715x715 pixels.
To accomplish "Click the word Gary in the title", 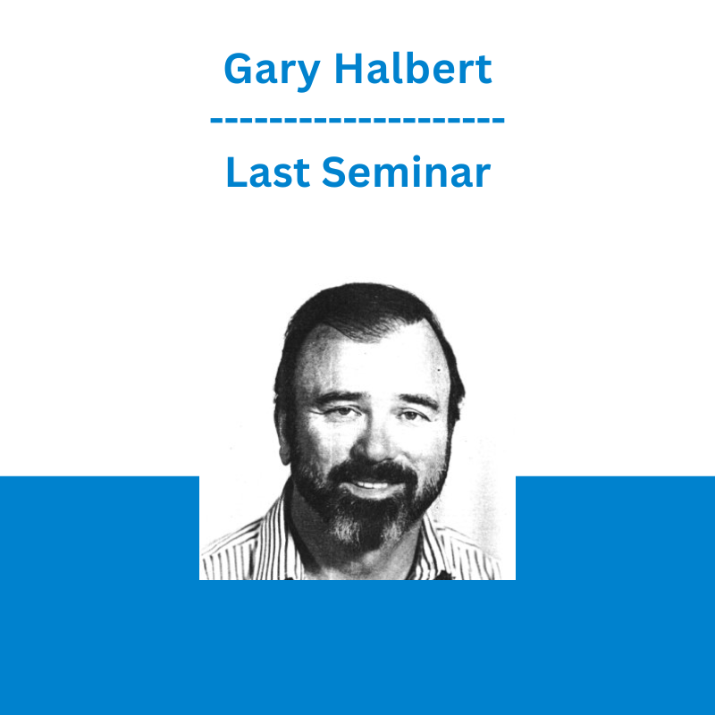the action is (x=272, y=71).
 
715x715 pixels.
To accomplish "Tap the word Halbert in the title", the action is (x=413, y=69).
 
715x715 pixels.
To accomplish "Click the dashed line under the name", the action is (x=357, y=121).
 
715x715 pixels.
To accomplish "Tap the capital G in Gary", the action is (x=239, y=69).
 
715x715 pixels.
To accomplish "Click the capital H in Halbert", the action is (x=349, y=69).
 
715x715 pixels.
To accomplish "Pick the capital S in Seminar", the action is (x=333, y=172).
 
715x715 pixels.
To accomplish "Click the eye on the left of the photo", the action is (x=341, y=412).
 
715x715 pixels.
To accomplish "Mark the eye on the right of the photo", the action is (x=409, y=415).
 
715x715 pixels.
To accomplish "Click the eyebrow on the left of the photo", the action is (x=335, y=398).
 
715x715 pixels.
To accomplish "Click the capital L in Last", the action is (x=236, y=172).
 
